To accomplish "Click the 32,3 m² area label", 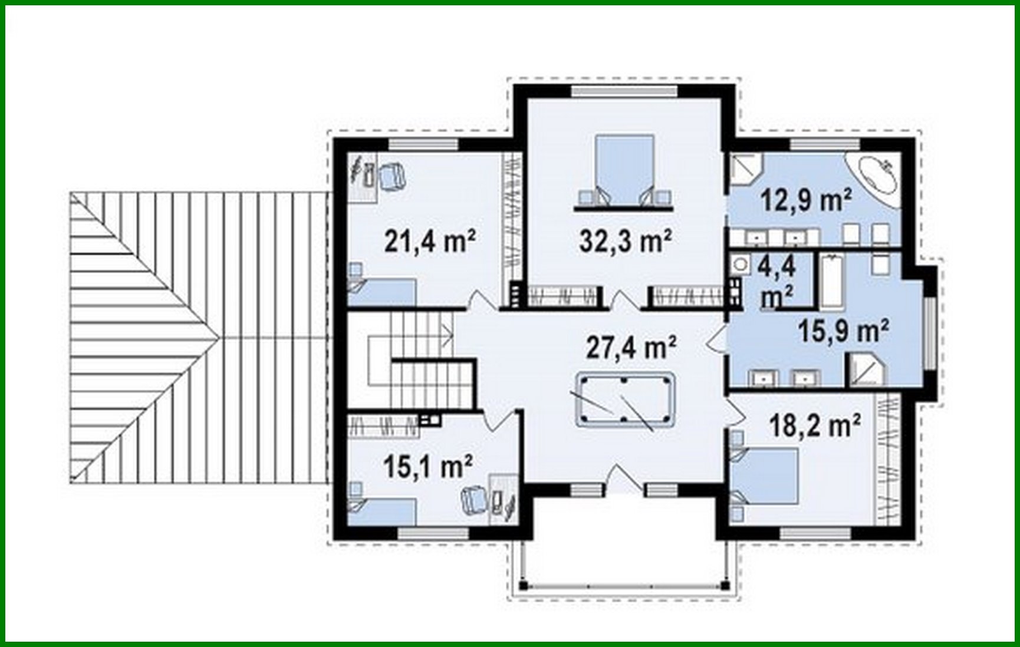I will coord(626,240).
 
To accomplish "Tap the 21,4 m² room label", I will coord(430,240).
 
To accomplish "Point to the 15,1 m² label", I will coord(427,467).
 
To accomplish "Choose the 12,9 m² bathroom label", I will coord(806,200).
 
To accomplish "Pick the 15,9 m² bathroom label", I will coord(843,331).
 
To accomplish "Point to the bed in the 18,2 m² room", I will coord(766,476).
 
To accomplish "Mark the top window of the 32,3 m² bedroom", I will coord(625,91).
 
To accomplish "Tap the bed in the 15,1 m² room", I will coord(383,510).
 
